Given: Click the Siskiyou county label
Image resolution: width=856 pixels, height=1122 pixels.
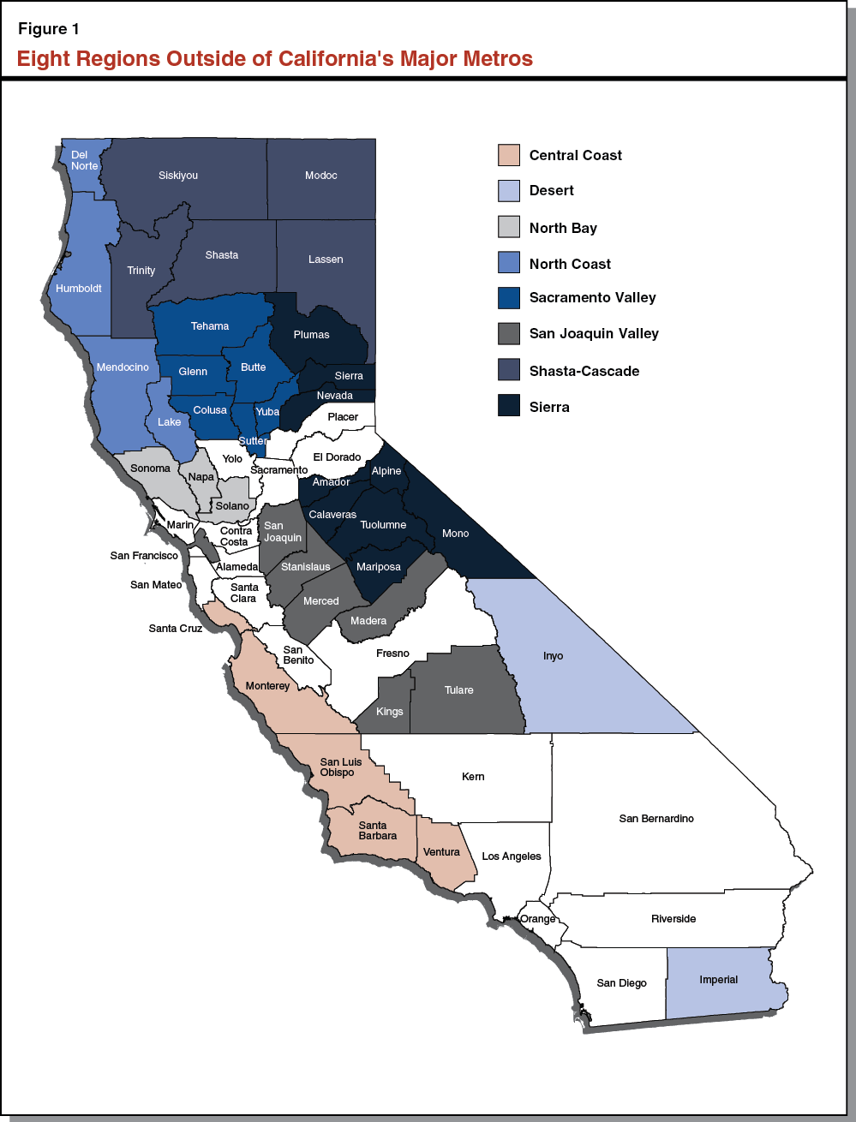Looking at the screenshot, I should [178, 176].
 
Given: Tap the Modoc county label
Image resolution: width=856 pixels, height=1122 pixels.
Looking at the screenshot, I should [321, 176].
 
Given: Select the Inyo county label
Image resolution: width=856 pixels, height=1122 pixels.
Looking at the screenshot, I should [554, 656].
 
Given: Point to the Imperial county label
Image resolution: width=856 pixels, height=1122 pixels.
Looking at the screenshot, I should [718, 980].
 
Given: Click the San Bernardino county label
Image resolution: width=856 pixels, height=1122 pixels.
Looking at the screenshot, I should [656, 819].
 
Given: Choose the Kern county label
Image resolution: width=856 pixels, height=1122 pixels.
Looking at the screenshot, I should [473, 777].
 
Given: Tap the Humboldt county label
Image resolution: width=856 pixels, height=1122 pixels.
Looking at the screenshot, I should [79, 289].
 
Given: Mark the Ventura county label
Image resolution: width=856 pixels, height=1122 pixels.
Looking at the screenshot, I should [441, 852].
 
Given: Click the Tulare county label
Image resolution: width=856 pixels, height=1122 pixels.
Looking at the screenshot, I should [458, 690].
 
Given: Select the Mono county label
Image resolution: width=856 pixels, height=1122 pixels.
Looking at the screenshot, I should [455, 534].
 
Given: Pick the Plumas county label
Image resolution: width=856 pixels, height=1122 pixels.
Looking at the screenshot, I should [311, 335].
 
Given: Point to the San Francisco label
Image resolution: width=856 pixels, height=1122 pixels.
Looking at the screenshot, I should [144, 556].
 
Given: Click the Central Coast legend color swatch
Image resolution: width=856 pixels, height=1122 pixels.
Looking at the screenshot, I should [509, 155].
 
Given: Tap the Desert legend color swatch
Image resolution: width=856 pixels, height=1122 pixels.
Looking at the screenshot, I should [509, 191].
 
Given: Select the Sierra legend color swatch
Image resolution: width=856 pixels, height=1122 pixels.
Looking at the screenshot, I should [509, 406].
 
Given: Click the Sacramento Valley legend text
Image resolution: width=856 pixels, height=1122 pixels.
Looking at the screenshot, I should [592, 298].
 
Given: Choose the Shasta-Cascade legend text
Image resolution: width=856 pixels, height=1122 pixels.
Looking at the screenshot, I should [584, 371].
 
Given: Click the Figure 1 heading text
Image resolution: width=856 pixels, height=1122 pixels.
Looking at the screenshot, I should [49, 29].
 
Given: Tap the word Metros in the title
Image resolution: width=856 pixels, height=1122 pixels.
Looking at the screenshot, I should [497, 59].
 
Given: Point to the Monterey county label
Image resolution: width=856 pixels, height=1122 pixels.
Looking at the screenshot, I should [267, 686].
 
